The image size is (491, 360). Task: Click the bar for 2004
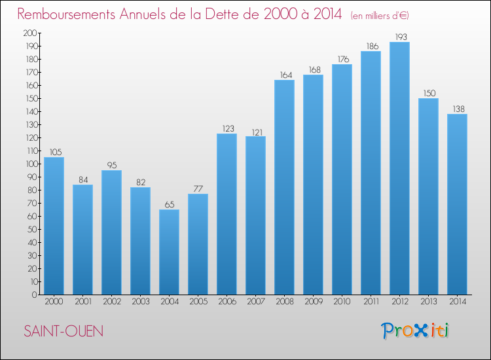point(169,252)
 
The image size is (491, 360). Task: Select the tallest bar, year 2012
point(399,168)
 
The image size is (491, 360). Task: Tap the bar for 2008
point(284,187)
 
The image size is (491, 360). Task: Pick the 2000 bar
point(54,226)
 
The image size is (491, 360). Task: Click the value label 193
point(399,37)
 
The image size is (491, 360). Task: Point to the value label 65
point(169,204)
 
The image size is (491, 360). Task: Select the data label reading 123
point(227,128)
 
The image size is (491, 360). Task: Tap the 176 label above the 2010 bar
point(342,59)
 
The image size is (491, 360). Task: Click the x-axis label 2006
point(227,302)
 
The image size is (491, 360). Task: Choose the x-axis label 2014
point(457,302)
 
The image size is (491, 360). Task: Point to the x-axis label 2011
point(371,302)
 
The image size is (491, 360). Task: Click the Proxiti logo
point(414,331)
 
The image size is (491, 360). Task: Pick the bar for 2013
point(428,196)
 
